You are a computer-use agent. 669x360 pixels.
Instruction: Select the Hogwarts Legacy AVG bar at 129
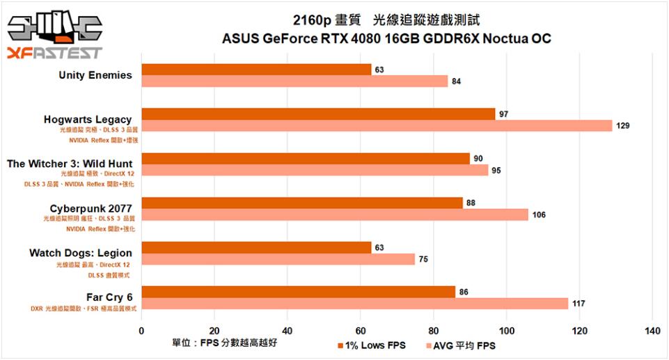(x=376, y=125)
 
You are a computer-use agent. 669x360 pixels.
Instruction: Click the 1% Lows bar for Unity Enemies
(x=256, y=70)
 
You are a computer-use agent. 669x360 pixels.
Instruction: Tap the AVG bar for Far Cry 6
(x=354, y=304)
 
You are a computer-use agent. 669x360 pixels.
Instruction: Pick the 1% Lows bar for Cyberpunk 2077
(x=301, y=203)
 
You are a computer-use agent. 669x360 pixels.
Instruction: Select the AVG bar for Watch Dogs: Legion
(x=278, y=259)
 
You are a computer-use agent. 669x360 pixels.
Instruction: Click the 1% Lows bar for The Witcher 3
(x=305, y=159)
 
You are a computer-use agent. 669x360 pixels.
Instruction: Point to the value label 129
(x=624, y=126)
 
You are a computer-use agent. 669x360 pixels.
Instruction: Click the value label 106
(x=539, y=214)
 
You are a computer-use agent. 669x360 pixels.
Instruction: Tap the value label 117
(x=579, y=304)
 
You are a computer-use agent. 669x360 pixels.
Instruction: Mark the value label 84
(x=456, y=81)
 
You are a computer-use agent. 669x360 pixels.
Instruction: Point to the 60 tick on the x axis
(x=360, y=331)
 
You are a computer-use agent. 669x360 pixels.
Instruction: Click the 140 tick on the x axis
(x=652, y=331)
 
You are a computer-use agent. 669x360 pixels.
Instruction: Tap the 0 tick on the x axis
(x=141, y=331)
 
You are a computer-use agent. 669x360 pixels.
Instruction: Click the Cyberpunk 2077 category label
(x=91, y=208)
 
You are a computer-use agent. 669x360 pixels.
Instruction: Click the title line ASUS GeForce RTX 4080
(x=386, y=39)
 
